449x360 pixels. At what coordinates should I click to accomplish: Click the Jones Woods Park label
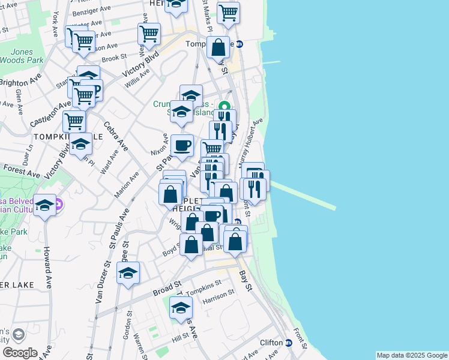click(24, 56)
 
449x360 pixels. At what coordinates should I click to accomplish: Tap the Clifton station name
click(271, 343)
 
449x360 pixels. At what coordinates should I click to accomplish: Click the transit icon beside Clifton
click(288, 343)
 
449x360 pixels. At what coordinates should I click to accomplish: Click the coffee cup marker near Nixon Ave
click(182, 145)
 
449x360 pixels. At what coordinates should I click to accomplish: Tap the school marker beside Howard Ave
click(45, 205)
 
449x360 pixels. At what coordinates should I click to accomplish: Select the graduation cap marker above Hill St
click(181, 307)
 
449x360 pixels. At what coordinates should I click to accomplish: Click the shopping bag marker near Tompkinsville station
click(218, 47)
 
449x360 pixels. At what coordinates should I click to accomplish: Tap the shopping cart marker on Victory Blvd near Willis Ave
click(148, 34)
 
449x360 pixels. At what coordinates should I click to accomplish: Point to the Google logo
click(19, 353)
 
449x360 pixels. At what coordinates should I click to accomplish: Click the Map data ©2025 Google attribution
click(411, 355)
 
